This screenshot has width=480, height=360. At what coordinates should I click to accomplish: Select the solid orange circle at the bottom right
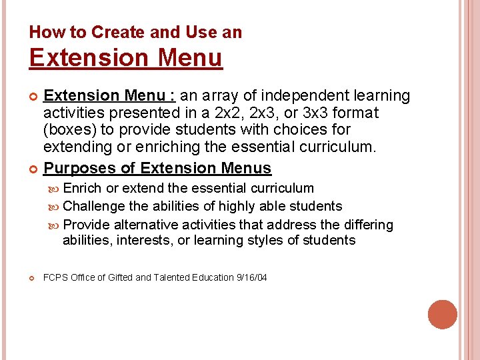click(x=443, y=315)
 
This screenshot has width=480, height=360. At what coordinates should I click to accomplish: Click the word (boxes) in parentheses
click(x=69, y=129)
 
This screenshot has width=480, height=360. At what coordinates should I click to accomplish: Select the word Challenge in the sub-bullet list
click(x=94, y=207)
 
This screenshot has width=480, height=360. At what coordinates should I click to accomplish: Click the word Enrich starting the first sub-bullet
click(x=82, y=189)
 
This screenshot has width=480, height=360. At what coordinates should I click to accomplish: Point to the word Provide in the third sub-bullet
click(x=87, y=225)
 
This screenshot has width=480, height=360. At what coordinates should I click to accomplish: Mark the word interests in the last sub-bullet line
click(x=145, y=240)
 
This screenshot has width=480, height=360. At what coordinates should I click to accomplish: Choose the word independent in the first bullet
click(x=303, y=96)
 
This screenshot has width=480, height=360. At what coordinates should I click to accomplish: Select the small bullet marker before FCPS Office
click(x=33, y=277)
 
